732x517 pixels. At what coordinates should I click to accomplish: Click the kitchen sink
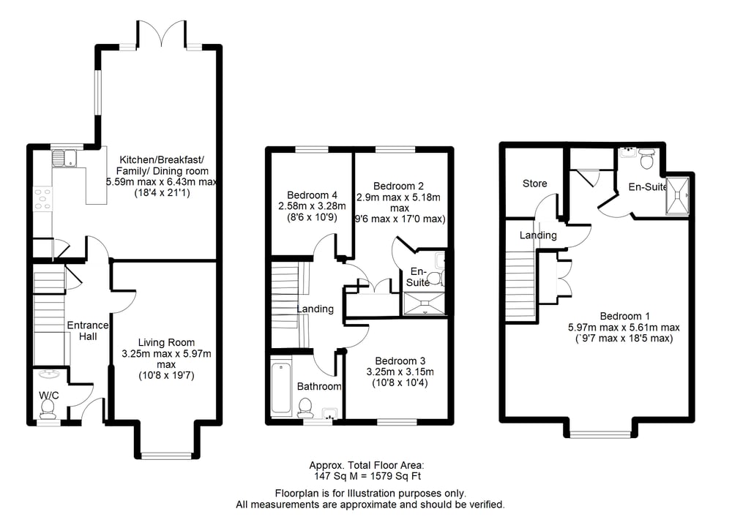click(64, 157)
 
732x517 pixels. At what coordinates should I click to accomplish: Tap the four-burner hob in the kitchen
click(42, 199)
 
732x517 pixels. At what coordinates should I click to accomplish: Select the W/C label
click(48, 396)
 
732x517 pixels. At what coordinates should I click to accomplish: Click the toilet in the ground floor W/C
click(48, 409)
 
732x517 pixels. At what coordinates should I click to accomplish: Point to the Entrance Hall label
click(88, 331)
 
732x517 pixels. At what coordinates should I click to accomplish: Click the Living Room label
click(166, 343)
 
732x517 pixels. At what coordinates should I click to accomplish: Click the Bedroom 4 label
click(312, 195)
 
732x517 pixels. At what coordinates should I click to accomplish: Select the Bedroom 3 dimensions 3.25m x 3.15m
click(400, 372)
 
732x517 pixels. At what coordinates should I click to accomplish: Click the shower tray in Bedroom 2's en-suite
click(425, 303)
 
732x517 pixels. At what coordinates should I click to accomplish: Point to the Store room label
click(534, 184)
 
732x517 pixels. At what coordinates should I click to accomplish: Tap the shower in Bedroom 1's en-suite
click(677, 195)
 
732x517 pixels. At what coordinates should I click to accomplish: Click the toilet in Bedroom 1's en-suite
click(646, 159)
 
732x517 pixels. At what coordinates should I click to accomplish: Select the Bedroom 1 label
click(624, 316)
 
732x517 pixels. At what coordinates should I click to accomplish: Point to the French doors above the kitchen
click(162, 33)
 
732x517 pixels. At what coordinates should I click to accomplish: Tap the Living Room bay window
click(166, 455)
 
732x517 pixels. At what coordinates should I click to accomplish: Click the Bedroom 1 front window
click(601, 434)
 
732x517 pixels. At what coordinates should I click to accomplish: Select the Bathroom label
click(319, 386)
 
